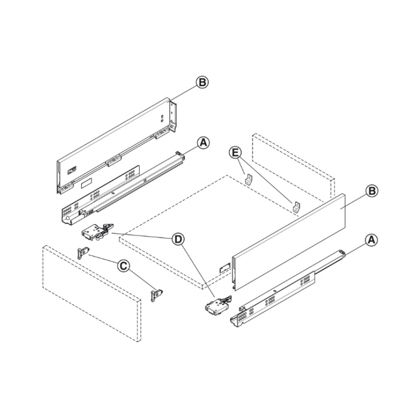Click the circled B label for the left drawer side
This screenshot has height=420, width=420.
click(202, 82)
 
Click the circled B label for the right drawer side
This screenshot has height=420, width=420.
click(371, 191)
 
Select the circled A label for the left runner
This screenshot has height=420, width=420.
click(203, 142)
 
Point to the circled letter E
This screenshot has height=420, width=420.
click(236, 153)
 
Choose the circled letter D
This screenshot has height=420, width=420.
click(179, 239)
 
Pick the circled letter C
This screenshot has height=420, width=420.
click(122, 266)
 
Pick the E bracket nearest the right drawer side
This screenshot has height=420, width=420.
click(297, 206)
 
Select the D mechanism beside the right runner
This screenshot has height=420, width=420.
click(216, 306)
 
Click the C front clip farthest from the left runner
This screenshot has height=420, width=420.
click(157, 295)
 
